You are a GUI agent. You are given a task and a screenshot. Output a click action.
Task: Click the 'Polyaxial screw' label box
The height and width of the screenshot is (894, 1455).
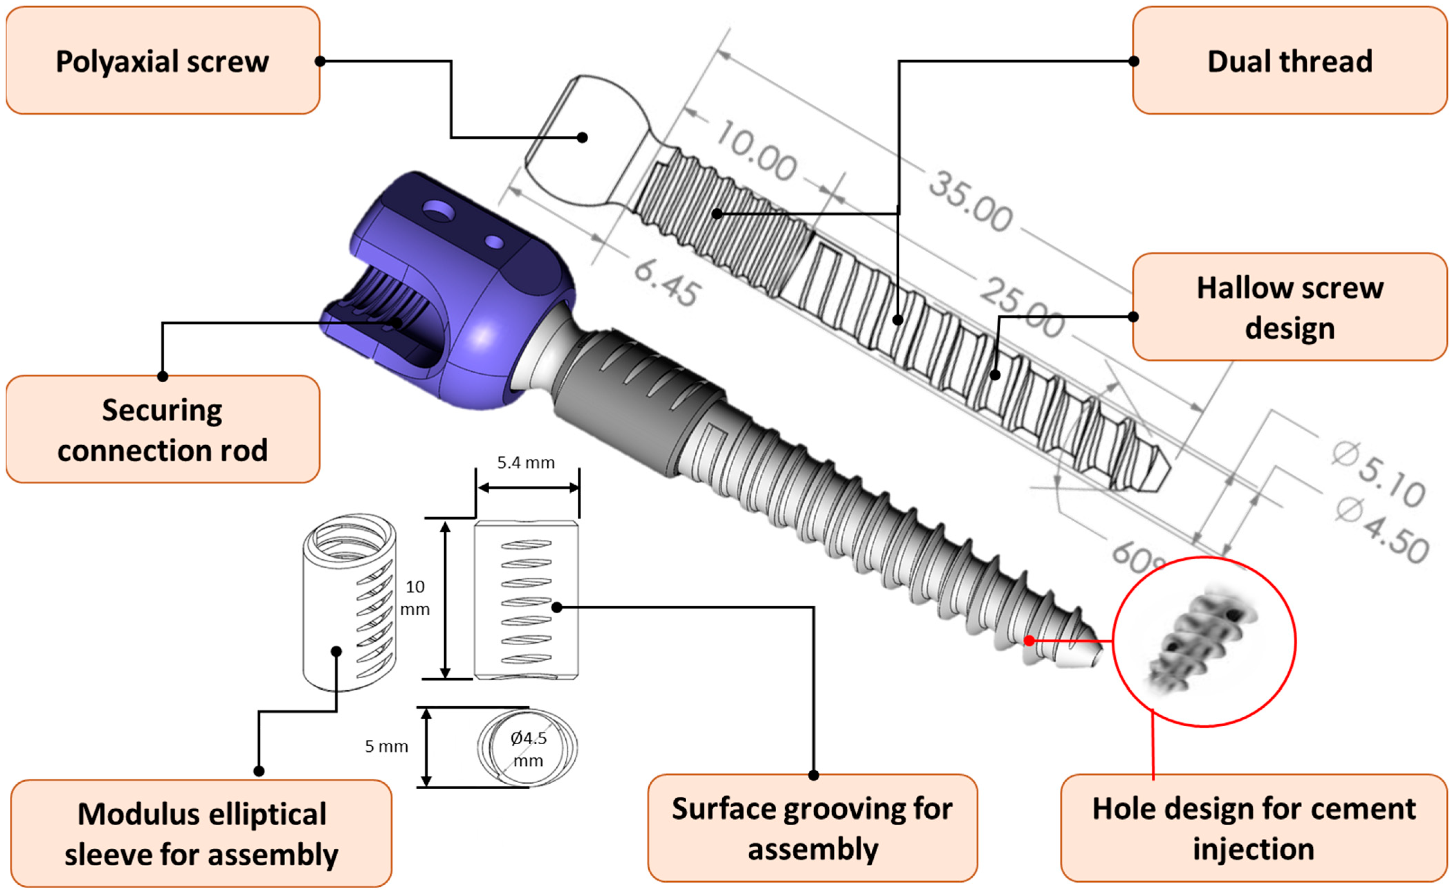point(163,61)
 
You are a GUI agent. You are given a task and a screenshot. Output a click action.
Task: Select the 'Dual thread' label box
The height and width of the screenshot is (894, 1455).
point(1289,61)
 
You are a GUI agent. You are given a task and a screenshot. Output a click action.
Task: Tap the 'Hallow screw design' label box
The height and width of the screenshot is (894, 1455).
point(1289,307)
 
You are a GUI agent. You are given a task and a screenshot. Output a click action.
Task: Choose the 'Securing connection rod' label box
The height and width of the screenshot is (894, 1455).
point(163,429)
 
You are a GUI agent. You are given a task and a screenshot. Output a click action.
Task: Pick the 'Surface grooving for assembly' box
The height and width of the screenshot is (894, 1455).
point(812,828)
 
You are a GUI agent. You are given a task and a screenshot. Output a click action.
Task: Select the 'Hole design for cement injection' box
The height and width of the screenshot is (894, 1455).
point(1253,828)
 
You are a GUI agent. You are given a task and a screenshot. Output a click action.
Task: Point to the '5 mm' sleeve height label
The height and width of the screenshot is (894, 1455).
point(386,746)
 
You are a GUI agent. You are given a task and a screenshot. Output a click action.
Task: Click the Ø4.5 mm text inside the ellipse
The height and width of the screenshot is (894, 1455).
point(528,748)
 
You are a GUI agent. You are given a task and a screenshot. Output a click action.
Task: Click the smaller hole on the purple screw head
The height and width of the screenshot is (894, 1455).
point(494,242)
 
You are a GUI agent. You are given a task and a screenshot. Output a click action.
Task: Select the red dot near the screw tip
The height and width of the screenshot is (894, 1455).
point(1029,640)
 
